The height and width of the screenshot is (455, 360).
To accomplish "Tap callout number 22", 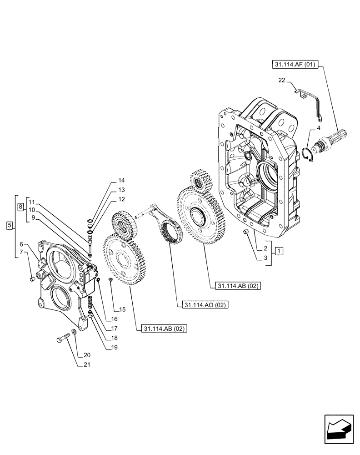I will pyautogui.click(x=282, y=81).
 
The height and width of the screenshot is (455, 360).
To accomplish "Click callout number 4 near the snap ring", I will pyautogui.click(x=318, y=129).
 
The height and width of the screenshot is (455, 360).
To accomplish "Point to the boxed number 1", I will pyautogui.click(x=278, y=251).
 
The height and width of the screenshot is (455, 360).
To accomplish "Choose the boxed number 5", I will pyautogui.click(x=10, y=225).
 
